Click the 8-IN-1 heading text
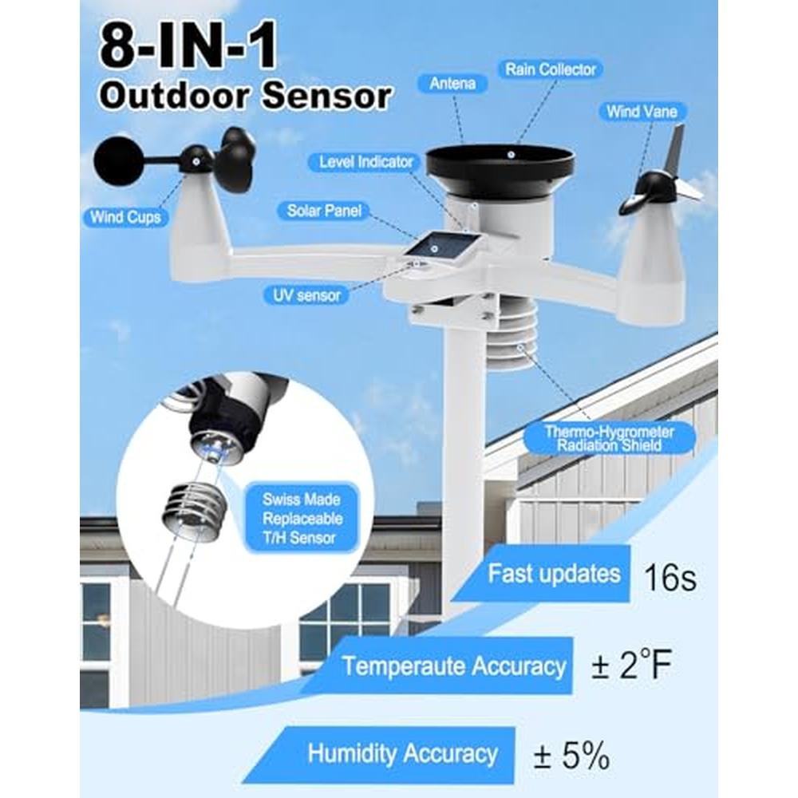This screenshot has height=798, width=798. pos(188,46)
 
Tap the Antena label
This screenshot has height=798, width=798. pos(452,84)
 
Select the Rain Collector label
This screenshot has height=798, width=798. pos(551,69)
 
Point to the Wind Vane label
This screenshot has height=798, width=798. pos(642,112)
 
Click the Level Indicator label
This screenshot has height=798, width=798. pos(366,162)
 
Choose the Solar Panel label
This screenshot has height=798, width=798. pos(324,211)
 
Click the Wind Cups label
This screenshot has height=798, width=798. pos(125,217)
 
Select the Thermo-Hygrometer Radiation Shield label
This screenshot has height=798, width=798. pos(609,439)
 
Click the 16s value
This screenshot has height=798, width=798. pos(670,577)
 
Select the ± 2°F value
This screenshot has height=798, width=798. pos(631,664)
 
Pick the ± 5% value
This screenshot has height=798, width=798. pos(572,755)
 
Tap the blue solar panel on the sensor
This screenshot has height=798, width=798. pos(439,247)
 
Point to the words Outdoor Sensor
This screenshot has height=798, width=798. pos(245,95)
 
